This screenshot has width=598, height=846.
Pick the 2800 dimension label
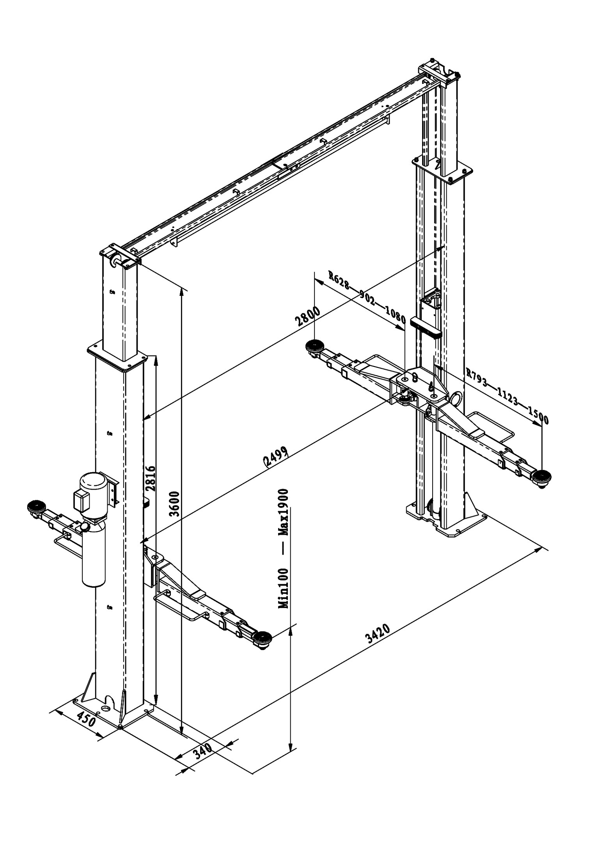[x=308, y=315]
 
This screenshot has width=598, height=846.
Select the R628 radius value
[x=338, y=280]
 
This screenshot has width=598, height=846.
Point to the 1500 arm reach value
[x=538, y=414]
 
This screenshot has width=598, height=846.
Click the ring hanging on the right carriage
[x=456, y=400]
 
